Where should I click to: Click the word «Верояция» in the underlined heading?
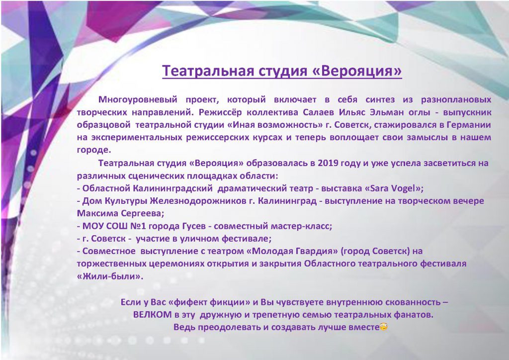tap(356, 71)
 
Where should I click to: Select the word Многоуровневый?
tap(138, 99)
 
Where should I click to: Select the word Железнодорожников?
tap(198, 201)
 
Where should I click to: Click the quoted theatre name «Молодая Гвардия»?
tap(292, 251)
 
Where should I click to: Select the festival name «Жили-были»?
tap(110, 276)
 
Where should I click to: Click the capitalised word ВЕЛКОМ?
tap(152, 315)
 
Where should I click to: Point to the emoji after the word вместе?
tap(383, 327)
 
